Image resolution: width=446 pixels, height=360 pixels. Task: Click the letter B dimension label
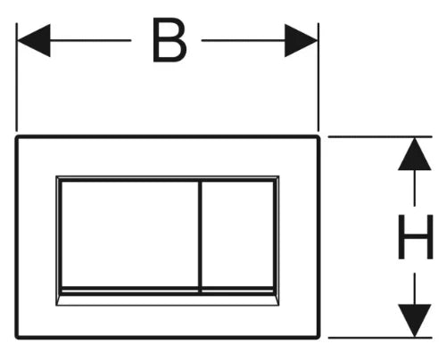169,40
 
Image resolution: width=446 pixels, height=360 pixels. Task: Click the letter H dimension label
416,237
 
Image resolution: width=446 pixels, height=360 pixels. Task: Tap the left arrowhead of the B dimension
34,40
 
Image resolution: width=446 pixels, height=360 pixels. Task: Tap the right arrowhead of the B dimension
301,40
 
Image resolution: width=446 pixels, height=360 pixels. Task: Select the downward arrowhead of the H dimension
415,321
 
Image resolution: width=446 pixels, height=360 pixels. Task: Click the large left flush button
129,234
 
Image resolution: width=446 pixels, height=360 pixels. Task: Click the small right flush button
237,234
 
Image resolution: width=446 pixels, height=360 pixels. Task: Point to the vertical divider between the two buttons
200,237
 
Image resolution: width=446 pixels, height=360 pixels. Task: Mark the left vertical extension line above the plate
17,77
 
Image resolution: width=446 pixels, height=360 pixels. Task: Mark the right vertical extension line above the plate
318,77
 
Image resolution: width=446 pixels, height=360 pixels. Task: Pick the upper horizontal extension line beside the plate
380,136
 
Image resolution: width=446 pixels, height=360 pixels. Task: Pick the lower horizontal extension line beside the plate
380,338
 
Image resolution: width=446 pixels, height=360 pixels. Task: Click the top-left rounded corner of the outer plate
17,137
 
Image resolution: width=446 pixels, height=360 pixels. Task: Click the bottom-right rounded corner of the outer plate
318,337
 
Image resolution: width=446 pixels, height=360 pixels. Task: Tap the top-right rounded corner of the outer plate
318,137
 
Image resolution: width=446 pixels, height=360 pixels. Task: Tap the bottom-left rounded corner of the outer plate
17,337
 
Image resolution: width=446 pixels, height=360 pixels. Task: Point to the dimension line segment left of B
91,40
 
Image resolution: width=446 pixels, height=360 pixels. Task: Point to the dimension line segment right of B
244,40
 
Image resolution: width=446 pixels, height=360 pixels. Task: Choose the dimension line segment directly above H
415,188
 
